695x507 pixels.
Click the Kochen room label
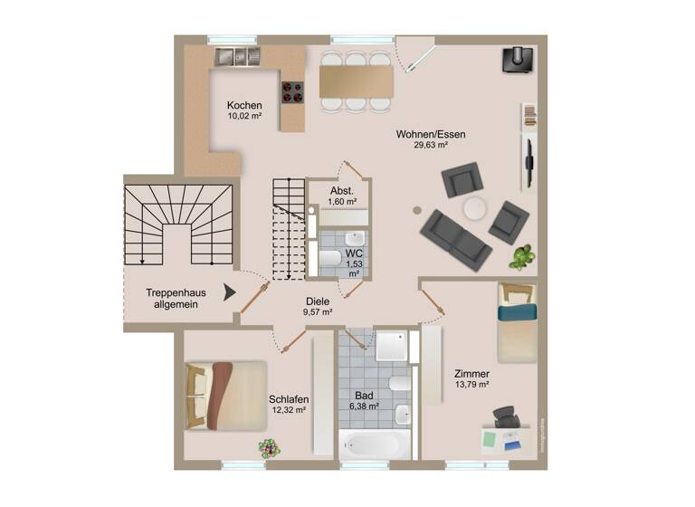tap(244, 105)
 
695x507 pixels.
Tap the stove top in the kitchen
tap(293, 91)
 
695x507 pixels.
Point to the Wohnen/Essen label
tap(424, 135)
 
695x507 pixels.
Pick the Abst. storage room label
tap(341, 190)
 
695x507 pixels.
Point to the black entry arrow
tap(230, 292)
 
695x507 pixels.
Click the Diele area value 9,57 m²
tap(318, 312)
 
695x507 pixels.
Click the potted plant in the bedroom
tap(268, 447)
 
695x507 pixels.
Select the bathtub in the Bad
tap(375, 445)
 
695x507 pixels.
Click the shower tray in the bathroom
tap(393, 344)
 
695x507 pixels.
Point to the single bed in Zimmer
tap(516, 322)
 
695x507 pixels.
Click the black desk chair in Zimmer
tap(506, 417)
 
